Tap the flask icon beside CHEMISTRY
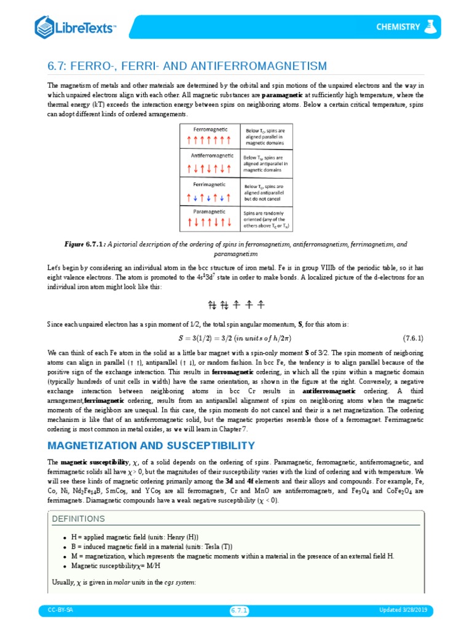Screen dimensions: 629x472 [x=431, y=26]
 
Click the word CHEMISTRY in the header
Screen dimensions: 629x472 [x=398, y=27]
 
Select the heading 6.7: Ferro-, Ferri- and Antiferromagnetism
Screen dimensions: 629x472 [x=187, y=66]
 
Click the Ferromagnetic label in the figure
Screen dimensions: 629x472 [x=210, y=130]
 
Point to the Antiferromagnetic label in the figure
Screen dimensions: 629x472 [x=210, y=155]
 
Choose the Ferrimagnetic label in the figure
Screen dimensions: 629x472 [x=210, y=184]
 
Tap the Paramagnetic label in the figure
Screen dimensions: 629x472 [x=210, y=211]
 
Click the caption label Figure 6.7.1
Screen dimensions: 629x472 [x=85, y=244]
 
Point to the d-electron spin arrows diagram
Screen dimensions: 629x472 [x=236, y=304]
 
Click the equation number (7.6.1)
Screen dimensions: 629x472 [x=413, y=338]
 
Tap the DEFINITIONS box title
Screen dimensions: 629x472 [x=79, y=518]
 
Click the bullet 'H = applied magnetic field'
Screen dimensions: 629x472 [x=135, y=537]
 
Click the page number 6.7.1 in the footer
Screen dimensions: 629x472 [x=239, y=610]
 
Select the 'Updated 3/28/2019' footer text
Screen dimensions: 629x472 [x=406, y=610]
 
